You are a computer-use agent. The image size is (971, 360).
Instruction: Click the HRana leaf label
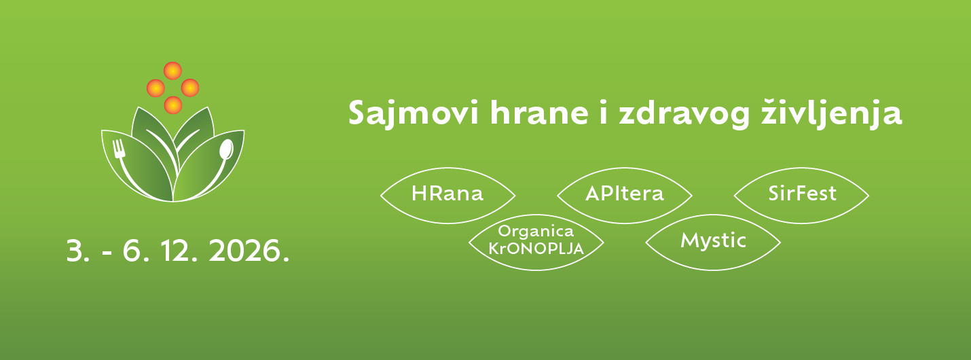pyautogui.click(x=447, y=194)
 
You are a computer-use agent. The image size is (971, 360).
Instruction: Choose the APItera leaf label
pyautogui.click(x=624, y=194)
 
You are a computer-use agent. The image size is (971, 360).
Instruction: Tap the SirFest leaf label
pyautogui.click(x=802, y=194)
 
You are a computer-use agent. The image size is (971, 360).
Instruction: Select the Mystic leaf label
pyautogui.click(x=713, y=240)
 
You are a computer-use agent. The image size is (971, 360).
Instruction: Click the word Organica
pyautogui.click(x=536, y=232)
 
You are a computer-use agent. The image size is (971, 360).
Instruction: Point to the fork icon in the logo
pyautogui.click(x=121, y=150)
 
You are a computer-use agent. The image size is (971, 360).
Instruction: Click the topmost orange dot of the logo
pyautogui.click(x=173, y=70)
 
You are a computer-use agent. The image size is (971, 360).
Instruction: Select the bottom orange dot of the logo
pyautogui.click(x=173, y=105)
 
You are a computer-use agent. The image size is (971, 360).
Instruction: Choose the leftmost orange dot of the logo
pyautogui.click(x=155, y=88)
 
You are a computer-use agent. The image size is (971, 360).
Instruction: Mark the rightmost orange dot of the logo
pyautogui.click(x=190, y=88)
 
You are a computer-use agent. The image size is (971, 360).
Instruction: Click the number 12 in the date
pyautogui.click(x=178, y=252)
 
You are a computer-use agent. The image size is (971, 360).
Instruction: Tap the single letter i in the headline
pyautogui.click(x=602, y=114)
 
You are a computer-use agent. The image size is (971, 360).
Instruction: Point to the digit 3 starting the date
pyautogui.click(x=75, y=252)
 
